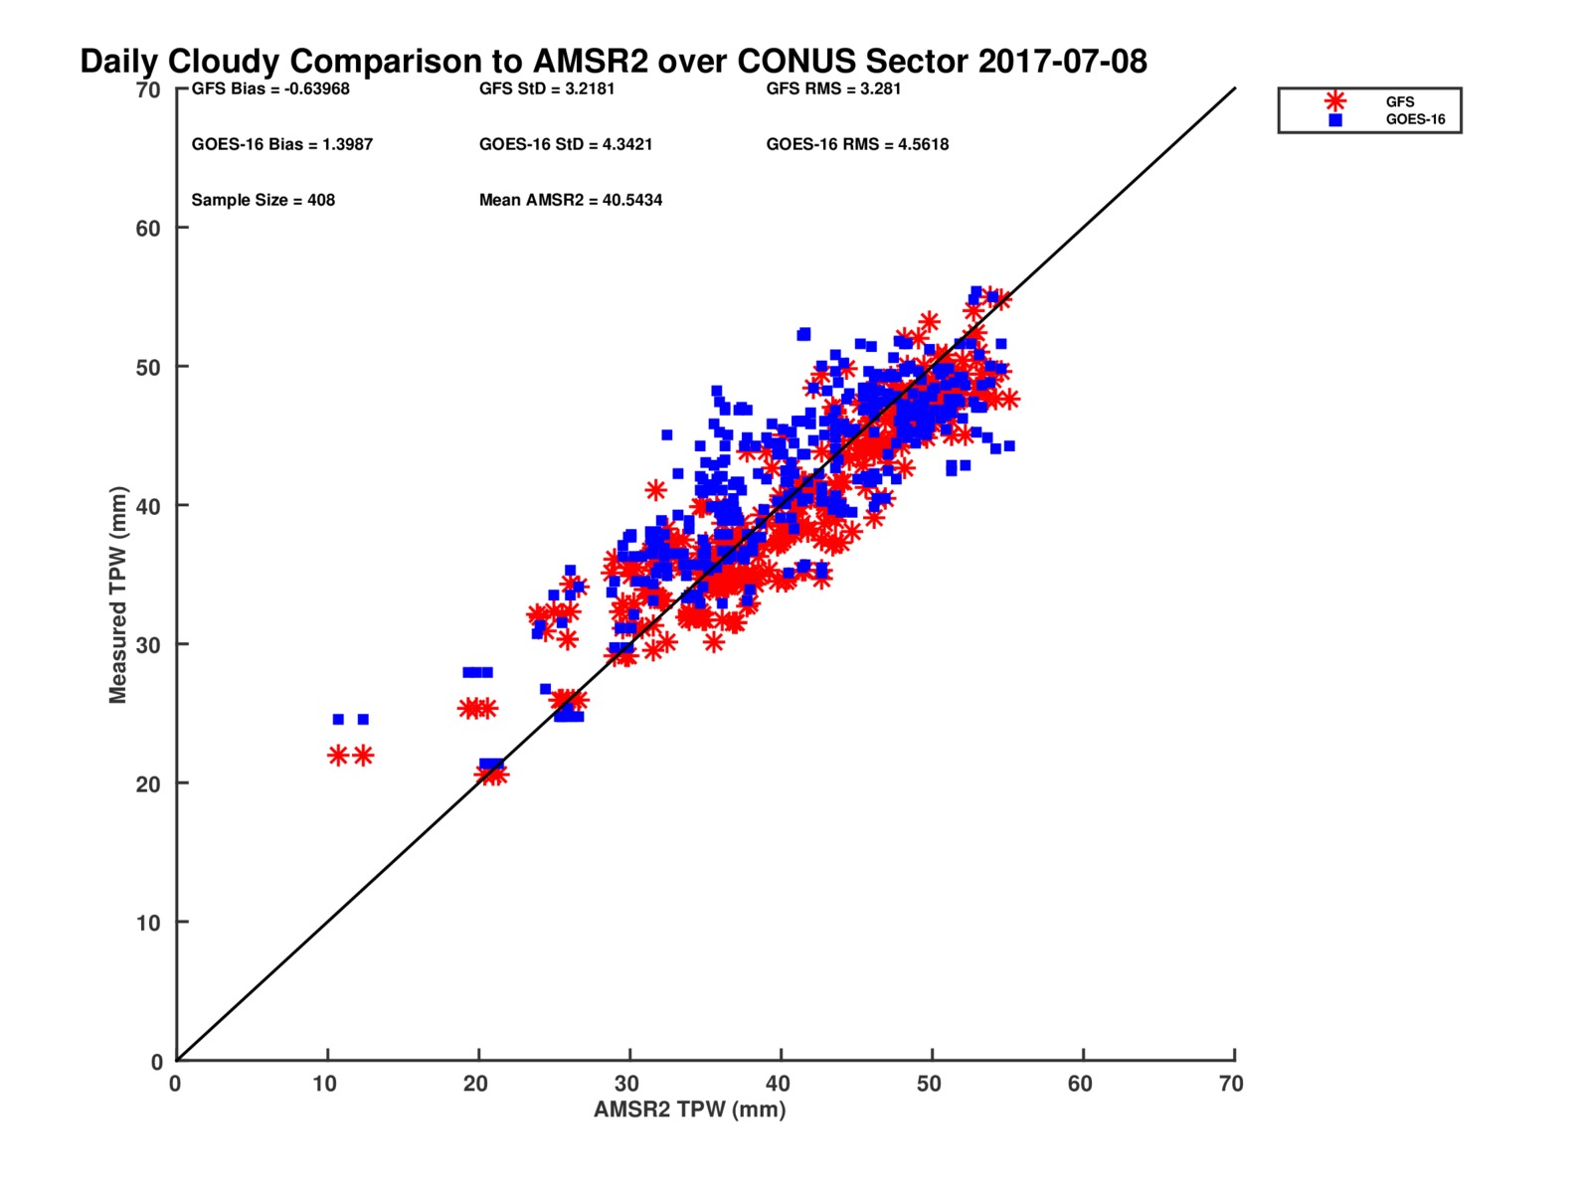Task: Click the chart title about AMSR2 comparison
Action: click(x=614, y=62)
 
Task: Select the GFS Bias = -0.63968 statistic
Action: click(x=270, y=89)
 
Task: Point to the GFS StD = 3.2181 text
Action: click(x=547, y=89)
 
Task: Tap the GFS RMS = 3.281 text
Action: click(x=833, y=89)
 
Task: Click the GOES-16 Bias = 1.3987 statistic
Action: click(x=282, y=144)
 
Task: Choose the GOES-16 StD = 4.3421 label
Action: click(x=566, y=144)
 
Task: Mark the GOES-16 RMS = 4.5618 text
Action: click(x=857, y=144)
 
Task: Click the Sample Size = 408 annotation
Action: click(x=264, y=200)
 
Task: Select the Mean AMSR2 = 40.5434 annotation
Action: click(x=571, y=200)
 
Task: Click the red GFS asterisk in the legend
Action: click(x=1335, y=101)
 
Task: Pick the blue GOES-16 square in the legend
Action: click(x=1335, y=120)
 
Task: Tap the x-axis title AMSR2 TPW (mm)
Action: click(x=689, y=1108)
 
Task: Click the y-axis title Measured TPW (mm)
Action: click(x=117, y=595)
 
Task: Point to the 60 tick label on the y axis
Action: click(x=148, y=229)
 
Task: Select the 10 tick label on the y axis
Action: click(x=148, y=923)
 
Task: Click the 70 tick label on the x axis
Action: click(x=1231, y=1084)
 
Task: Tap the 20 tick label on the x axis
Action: click(x=475, y=1084)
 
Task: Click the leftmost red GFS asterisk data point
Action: click(x=338, y=756)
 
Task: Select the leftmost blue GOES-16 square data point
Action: click(x=338, y=719)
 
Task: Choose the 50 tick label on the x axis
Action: click(x=929, y=1084)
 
